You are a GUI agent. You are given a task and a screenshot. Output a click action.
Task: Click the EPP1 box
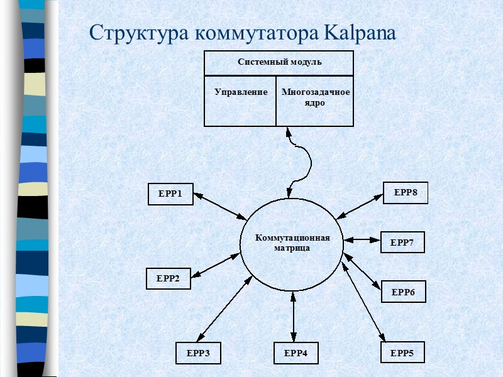170,194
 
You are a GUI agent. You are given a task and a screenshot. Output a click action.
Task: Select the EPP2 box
169,278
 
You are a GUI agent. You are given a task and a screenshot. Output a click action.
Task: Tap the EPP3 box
198,354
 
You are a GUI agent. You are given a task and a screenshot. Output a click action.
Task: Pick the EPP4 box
296,354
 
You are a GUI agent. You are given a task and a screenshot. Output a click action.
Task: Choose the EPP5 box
402,353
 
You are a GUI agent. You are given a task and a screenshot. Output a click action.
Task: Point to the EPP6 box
403,292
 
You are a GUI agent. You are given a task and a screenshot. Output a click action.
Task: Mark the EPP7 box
402,242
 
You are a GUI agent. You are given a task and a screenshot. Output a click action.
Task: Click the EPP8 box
406,193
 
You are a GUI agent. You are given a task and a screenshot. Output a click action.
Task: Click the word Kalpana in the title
360,32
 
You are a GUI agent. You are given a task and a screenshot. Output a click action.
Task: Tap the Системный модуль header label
279,62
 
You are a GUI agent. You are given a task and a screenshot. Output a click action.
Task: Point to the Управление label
241,92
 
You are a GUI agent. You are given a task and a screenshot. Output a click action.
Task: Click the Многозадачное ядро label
316,97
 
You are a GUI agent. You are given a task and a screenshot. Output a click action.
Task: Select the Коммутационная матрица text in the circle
292,243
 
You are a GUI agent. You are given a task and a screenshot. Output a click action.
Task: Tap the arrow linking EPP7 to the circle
363,240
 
